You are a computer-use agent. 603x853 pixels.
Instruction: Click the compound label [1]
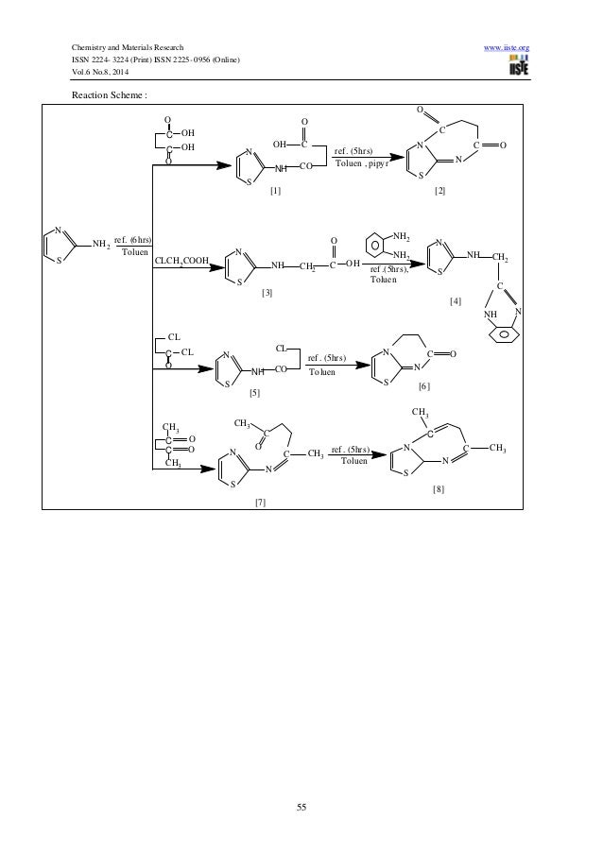[x=275, y=191]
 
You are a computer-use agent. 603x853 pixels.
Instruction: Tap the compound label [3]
[x=267, y=293]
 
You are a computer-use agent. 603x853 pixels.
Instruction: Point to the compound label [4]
[x=457, y=299]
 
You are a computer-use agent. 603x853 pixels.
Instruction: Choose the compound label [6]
[x=423, y=387]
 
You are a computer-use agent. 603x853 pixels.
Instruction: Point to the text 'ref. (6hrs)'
[x=132, y=241]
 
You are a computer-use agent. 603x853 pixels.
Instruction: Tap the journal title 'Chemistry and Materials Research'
[x=122, y=46]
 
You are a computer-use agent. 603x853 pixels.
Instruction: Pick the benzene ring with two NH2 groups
[x=375, y=244]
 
